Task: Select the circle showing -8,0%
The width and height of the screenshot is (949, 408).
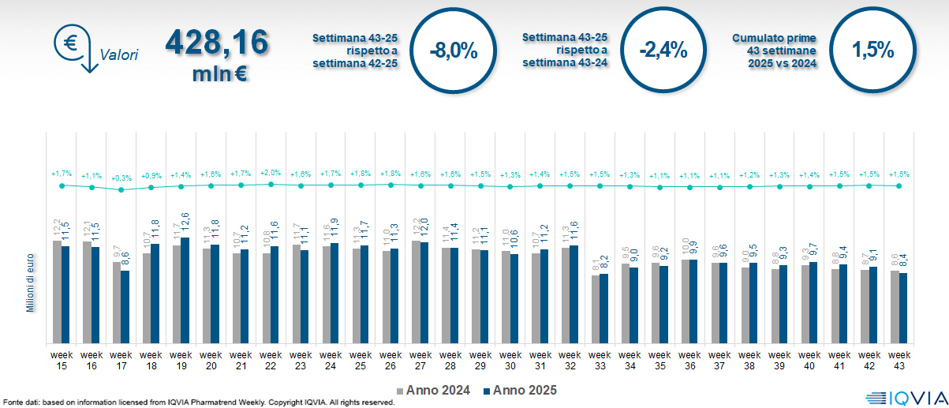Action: [x=454, y=51]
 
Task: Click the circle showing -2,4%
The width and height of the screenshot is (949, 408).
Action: [x=663, y=51]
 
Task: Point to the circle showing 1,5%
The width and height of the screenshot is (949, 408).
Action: [x=872, y=51]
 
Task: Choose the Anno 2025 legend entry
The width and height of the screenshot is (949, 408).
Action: [x=520, y=390]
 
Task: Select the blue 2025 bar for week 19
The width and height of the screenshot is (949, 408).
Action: [x=185, y=290]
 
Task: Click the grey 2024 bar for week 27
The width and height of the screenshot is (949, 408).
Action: [x=416, y=291]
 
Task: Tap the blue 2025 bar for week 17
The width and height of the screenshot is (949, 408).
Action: [x=125, y=307]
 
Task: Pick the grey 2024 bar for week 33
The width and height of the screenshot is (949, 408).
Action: [x=596, y=309]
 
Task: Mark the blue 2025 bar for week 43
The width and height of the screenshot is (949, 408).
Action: [x=903, y=308]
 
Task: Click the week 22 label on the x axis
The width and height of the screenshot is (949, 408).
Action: [x=271, y=360]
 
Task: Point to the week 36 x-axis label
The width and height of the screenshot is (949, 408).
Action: [x=690, y=360]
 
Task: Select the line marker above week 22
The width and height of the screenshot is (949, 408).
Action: [x=271, y=184]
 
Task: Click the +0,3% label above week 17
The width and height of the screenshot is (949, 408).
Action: [x=121, y=178]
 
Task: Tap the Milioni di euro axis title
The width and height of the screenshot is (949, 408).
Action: [x=30, y=282]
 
